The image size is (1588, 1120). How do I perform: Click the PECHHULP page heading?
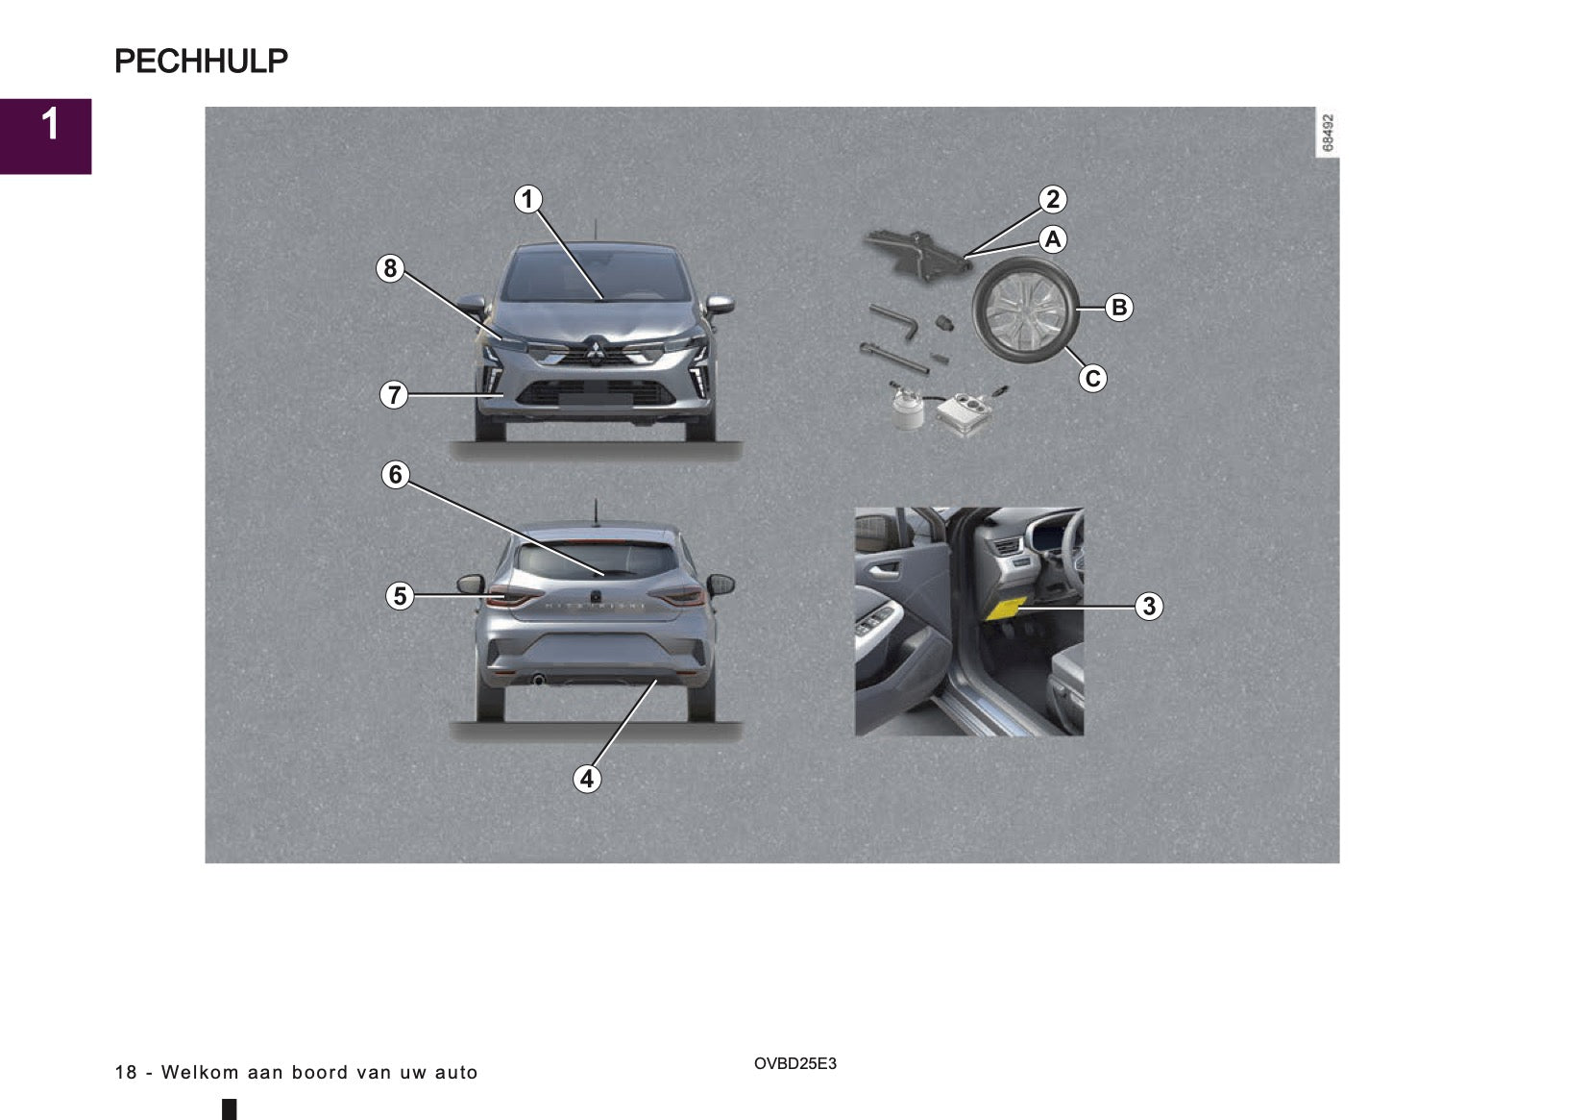(202, 61)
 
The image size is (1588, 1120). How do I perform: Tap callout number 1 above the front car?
(527, 199)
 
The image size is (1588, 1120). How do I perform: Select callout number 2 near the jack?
(1053, 199)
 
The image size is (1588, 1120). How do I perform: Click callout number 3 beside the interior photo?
(1149, 607)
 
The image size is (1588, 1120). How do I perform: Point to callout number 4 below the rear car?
(586, 779)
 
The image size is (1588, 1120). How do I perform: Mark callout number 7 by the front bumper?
(394, 395)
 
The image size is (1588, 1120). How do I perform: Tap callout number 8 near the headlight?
(390, 269)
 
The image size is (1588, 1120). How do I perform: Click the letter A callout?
(1053, 239)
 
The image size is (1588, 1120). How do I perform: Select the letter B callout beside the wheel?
(1118, 308)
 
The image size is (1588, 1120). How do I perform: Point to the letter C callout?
(1092, 379)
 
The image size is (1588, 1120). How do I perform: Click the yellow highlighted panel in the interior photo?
(1006, 610)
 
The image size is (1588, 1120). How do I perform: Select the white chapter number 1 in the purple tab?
(50, 125)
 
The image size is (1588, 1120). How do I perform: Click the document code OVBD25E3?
(794, 1064)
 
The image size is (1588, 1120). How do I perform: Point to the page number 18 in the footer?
(126, 1073)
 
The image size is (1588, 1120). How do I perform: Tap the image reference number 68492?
(1328, 134)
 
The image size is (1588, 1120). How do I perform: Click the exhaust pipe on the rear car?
(538, 680)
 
